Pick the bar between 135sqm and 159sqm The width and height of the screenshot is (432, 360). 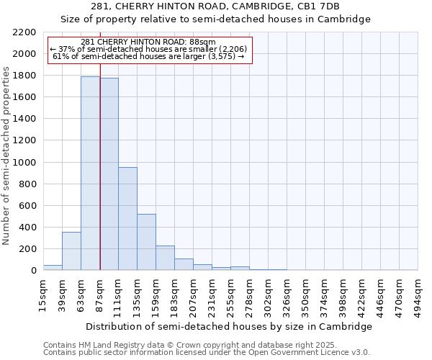pyautogui.click(x=146, y=242)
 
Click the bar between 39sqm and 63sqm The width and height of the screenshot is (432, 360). pyautogui.click(x=71, y=251)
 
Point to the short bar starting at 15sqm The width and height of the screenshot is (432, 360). pyautogui.click(x=53, y=267)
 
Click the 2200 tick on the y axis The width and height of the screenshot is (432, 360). pyautogui.click(x=25, y=32)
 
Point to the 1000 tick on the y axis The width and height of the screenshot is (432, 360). pyautogui.click(x=25, y=162)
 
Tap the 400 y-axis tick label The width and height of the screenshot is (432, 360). pyautogui.click(x=28, y=228)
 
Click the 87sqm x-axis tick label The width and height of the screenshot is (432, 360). pyautogui.click(x=99, y=294)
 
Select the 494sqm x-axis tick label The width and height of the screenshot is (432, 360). pyautogui.click(x=418, y=296)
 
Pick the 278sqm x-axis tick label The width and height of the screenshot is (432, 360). pyautogui.click(x=249, y=296)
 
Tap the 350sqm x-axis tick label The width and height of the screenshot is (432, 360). pyautogui.click(x=305, y=296)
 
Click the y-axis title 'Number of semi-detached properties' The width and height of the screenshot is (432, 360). pyautogui.click(x=7, y=156)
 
